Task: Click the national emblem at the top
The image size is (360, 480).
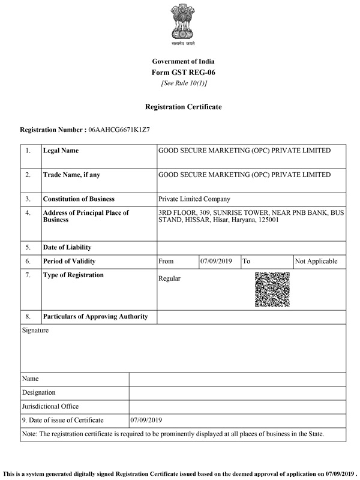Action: (x=183, y=23)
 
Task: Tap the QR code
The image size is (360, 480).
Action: (x=272, y=290)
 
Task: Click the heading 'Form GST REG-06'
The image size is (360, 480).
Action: (x=183, y=72)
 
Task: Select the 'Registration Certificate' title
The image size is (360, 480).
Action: (x=183, y=107)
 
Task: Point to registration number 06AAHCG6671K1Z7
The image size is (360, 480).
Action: (x=127, y=130)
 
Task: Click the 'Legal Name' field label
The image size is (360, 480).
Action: (x=61, y=151)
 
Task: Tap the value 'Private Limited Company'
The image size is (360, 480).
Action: (x=194, y=199)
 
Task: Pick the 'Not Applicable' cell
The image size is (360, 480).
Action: (x=316, y=262)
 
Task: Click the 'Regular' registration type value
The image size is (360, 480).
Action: (x=169, y=278)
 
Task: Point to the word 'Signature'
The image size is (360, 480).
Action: (x=35, y=330)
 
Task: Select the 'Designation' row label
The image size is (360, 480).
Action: (x=39, y=392)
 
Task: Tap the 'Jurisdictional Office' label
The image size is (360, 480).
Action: (x=50, y=406)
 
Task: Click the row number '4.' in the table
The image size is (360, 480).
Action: (x=28, y=212)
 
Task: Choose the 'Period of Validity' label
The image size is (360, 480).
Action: (x=69, y=262)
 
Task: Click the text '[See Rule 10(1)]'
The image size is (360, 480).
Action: (x=183, y=83)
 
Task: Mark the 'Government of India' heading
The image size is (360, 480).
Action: (x=183, y=61)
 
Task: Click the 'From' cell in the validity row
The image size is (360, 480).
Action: (x=166, y=262)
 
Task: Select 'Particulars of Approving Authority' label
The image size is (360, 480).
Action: (x=95, y=316)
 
